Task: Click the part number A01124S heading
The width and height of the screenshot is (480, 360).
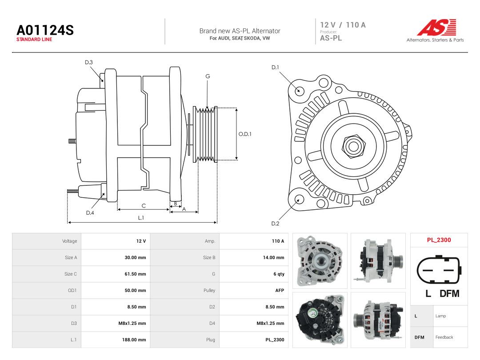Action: click(45, 30)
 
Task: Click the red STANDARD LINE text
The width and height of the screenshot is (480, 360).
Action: click(34, 40)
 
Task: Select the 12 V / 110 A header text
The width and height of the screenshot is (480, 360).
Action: click(343, 25)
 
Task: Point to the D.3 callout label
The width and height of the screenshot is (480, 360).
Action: click(89, 63)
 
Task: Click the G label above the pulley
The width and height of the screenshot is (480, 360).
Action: click(208, 76)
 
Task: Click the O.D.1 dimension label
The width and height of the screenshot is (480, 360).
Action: click(245, 134)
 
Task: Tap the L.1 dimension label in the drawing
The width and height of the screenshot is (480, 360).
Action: click(141, 218)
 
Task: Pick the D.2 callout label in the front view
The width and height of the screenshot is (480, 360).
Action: click(275, 224)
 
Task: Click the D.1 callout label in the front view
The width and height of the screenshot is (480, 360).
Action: click(275, 68)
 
